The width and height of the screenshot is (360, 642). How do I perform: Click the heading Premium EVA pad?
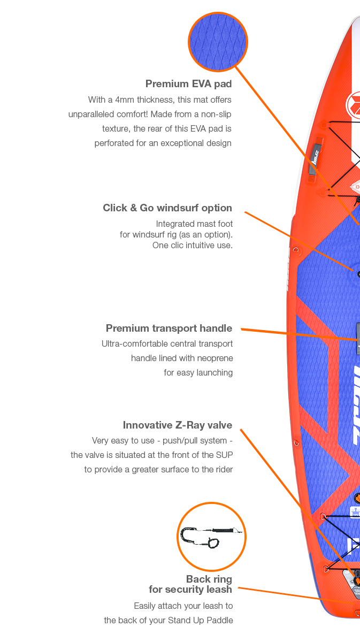pos(188,84)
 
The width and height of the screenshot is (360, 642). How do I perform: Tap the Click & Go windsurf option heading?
pos(167,208)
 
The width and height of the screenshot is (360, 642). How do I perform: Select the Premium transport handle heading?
pos(169,328)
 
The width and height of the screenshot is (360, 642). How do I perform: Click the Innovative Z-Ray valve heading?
pos(178,425)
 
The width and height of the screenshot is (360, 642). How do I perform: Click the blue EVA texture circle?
pos(218,42)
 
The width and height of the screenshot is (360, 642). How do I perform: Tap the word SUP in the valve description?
pos(225,455)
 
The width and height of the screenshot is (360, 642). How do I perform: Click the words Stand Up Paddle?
pos(201,621)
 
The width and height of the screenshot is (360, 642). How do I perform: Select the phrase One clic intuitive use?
pos(193,246)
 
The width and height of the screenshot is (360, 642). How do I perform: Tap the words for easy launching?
pos(198,373)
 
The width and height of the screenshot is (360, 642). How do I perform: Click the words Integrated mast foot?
pos(194,224)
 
